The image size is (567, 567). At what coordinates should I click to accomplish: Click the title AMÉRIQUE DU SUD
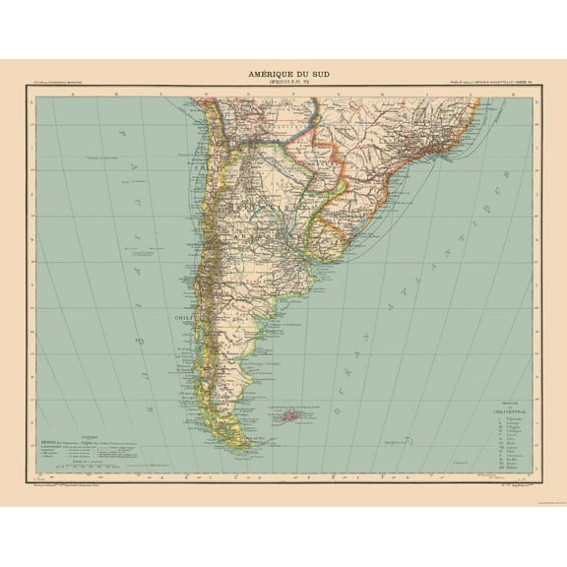(284, 72)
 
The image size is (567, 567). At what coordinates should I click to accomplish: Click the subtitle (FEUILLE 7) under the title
(284, 82)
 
